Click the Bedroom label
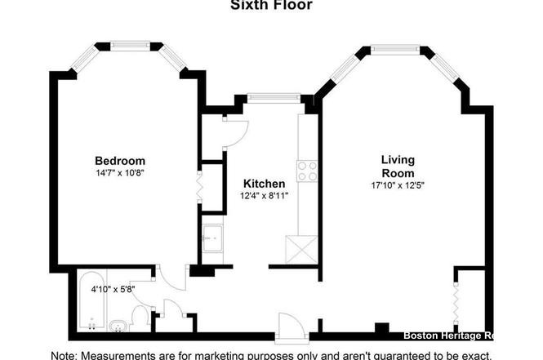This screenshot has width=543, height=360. point(119,160)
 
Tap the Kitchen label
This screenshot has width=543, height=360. point(263,184)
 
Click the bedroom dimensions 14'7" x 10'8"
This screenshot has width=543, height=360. point(119,172)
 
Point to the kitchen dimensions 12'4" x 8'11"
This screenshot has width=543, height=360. point(263,196)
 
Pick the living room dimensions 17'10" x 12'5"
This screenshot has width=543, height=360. point(398,185)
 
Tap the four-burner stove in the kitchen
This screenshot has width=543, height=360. point(307,171)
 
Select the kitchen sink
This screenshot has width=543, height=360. point(212,239)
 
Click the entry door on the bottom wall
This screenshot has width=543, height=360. point(289,328)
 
